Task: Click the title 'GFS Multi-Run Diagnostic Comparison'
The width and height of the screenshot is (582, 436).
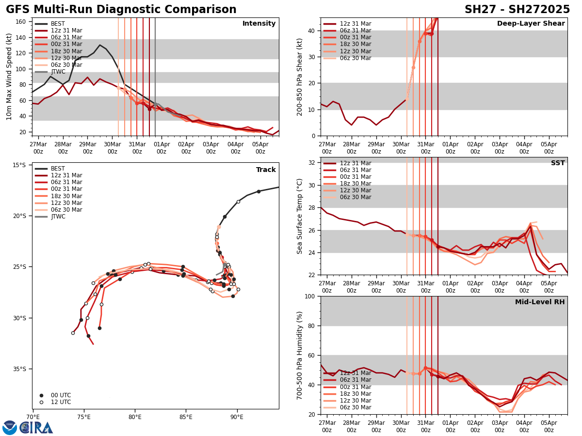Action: tap(121, 10)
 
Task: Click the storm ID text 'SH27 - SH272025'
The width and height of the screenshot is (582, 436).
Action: tap(517, 10)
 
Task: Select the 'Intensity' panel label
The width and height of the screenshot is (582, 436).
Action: tap(259, 24)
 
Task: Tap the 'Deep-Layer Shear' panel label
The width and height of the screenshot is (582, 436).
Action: tap(531, 24)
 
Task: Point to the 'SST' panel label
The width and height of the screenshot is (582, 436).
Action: tap(558, 163)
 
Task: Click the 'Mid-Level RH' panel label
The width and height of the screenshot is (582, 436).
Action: tap(540, 302)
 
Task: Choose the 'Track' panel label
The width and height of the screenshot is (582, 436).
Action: tap(266, 170)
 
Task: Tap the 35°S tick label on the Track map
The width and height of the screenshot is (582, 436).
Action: tap(19, 369)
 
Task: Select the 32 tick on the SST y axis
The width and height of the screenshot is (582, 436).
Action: tap(313, 163)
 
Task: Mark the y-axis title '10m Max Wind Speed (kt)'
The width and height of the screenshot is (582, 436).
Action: tap(9, 77)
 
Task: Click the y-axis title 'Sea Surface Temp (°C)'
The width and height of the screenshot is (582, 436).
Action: tap(300, 216)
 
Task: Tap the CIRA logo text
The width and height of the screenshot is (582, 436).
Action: tap(36, 428)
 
